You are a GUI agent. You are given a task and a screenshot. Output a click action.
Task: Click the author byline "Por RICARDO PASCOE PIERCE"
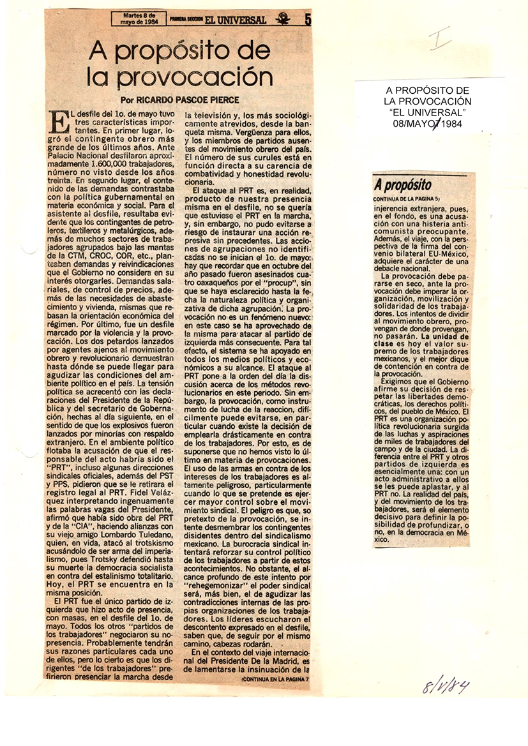click(x=180, y=100)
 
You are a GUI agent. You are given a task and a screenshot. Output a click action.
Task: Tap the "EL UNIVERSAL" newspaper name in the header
click(x=241, y=20)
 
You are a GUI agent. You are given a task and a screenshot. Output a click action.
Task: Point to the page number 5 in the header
click(x=308, y=19)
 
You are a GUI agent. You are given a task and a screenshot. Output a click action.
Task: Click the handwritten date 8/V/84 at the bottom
click(x=446, y=686)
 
